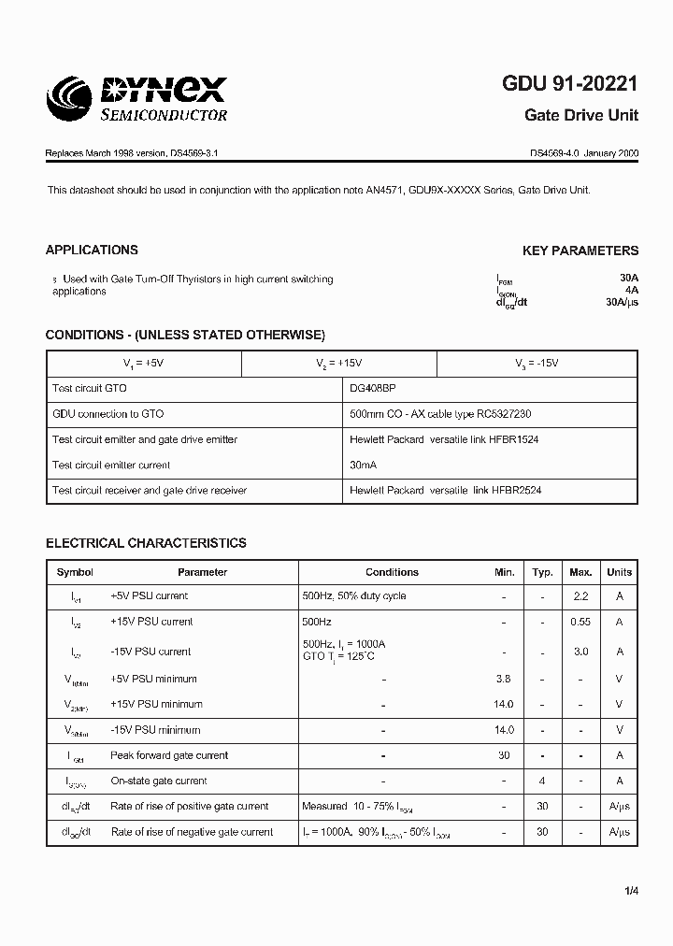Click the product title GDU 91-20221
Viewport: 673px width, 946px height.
tap(570, 84)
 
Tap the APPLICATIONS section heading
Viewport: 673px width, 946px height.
tap(92, 250)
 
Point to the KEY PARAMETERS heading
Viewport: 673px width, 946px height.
tap(580, 251)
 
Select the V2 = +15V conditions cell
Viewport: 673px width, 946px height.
tap(338, 363)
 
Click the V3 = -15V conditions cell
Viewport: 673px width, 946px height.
tap(537, 363)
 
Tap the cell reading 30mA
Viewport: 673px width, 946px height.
tap(363, 465)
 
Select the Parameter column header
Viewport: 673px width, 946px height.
tap(202, 572)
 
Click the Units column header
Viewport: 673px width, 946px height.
tap(619, 572)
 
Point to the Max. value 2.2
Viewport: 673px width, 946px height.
tap(580, 596)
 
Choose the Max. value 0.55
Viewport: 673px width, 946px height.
tap(580, 622)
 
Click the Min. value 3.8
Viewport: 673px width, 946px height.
tap(504, 679)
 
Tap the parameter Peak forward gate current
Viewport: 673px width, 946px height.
tap(169, 755)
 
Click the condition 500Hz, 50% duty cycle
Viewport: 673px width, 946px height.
tap(353, 596)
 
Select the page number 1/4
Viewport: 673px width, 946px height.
tap(631, 891)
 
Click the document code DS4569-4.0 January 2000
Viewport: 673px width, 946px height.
tap(584, 152)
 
